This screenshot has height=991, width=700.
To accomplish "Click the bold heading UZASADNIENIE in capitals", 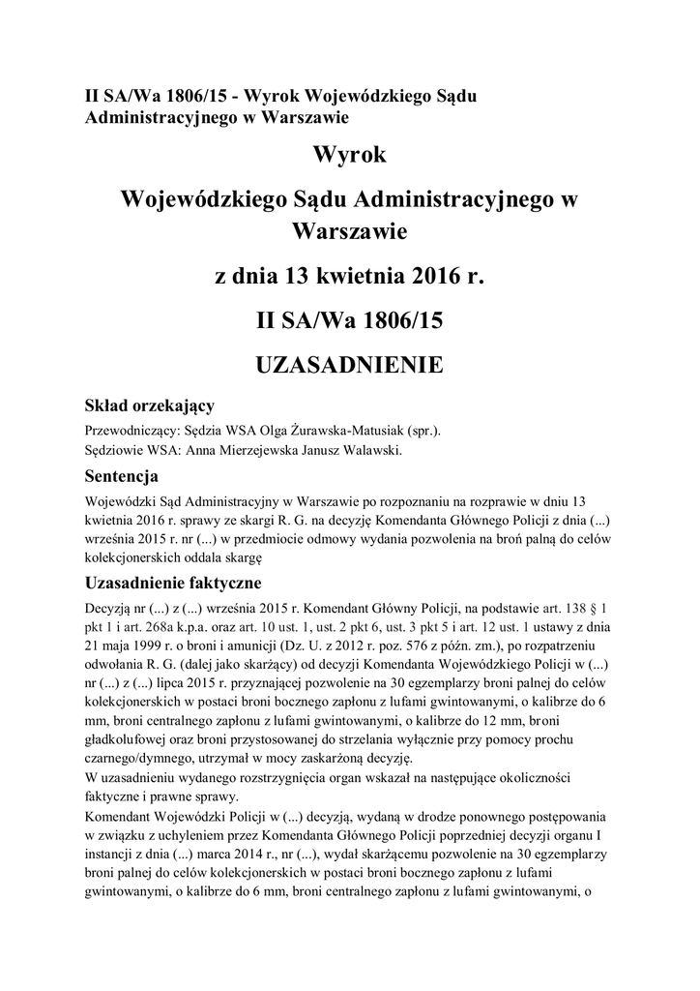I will [x=349, y=365].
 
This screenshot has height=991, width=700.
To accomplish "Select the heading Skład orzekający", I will [x=150, y=405].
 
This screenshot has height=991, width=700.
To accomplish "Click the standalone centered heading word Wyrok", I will [x=349, y=155].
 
